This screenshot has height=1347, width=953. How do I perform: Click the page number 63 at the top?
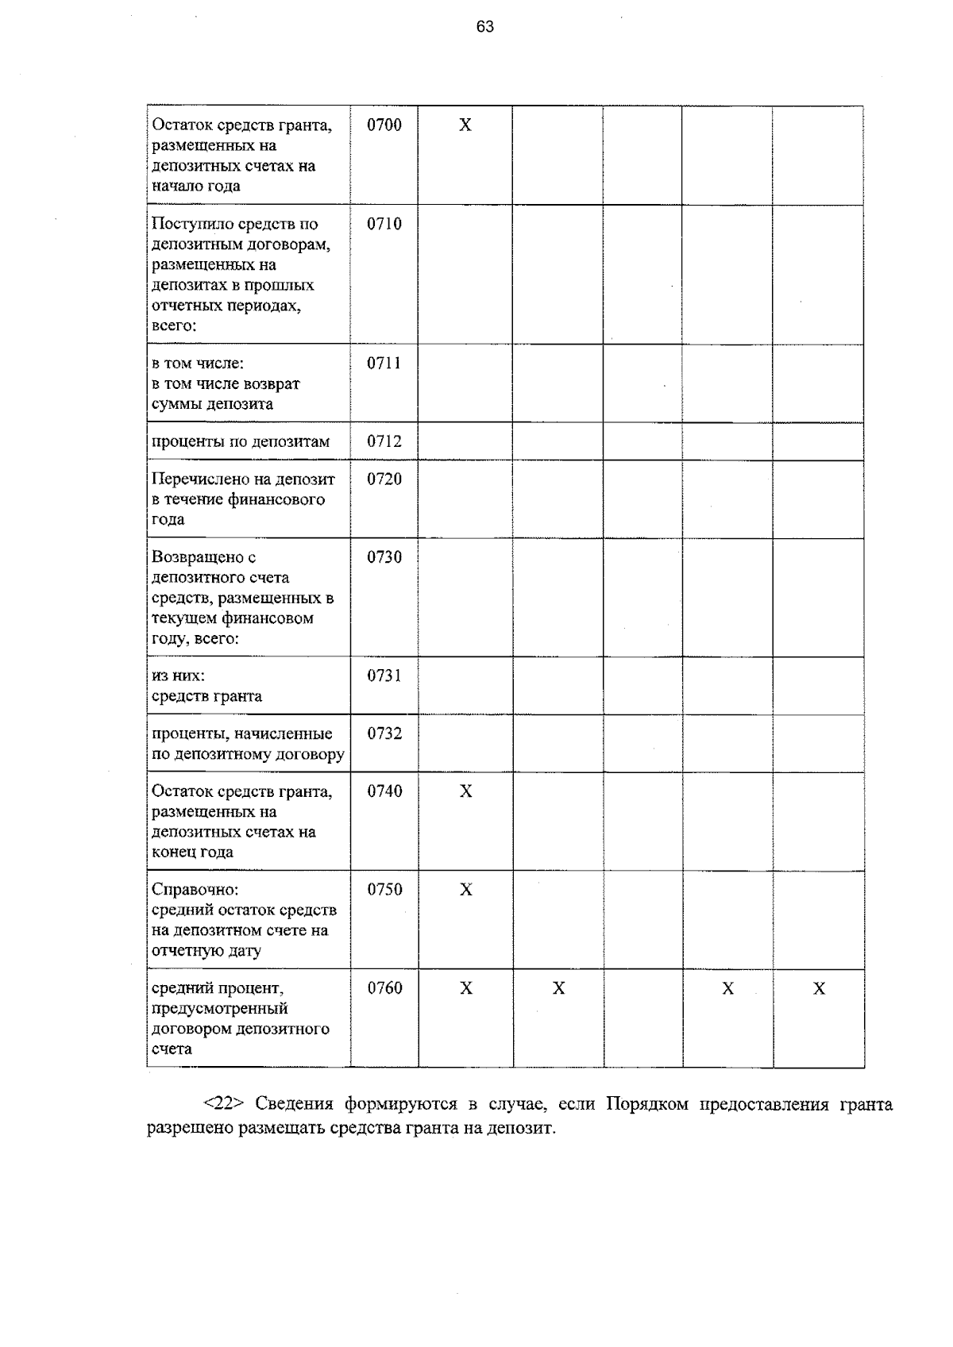485,27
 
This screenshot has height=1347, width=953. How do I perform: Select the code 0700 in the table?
384,125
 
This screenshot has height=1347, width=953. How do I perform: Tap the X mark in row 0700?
465,125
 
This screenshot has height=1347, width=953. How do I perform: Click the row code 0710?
384,224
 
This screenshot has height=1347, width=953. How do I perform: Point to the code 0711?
384,363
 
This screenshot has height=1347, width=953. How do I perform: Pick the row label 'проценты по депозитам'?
241,441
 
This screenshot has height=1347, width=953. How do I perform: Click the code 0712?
384,441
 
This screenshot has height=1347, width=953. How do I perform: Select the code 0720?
384,479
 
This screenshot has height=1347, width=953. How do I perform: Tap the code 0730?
384,556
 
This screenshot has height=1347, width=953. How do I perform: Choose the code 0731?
384,675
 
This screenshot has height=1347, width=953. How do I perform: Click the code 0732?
384,733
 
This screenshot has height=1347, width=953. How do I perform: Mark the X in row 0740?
466,791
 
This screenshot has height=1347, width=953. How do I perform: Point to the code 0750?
384,889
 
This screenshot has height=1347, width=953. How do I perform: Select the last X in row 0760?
820,988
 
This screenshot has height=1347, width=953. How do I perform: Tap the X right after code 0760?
466,988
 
